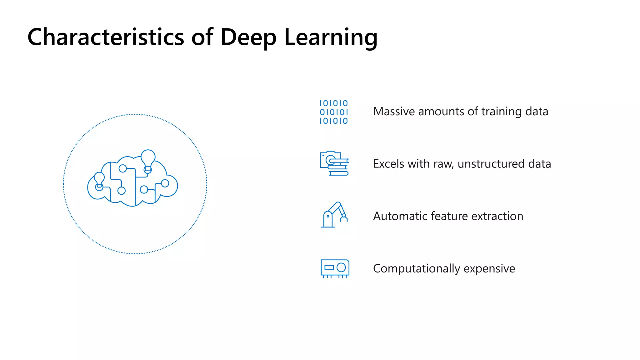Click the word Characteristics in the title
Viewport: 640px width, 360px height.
click(106, 37)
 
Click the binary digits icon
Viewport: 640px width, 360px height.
click(333, 112)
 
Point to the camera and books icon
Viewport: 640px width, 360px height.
click(334, 163)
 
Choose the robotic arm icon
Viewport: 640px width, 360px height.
click(334, 215)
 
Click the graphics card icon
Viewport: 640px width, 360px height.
click(335, 268)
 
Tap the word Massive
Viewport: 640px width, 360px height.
click(394, 112)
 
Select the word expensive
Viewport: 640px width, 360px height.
click(489, 269)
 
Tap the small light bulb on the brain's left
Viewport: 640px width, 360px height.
click(99, 178)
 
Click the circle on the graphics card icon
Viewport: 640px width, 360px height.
click(341, 267)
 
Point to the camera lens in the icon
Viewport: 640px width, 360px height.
click(330, 160)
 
